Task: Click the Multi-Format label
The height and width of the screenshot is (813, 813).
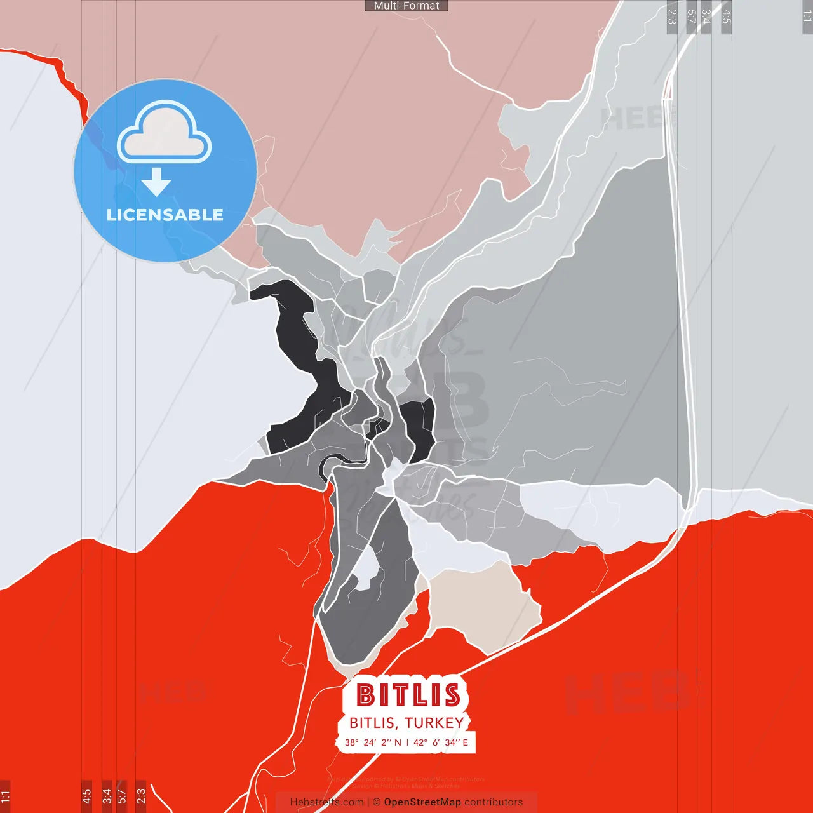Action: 406,6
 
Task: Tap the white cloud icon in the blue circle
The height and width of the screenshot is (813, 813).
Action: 165,133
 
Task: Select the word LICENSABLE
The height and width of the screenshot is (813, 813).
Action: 165,215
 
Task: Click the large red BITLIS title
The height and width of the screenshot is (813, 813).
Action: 408,695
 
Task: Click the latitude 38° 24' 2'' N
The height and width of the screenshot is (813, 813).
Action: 373,742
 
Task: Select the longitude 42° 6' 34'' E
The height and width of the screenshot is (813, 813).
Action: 441,742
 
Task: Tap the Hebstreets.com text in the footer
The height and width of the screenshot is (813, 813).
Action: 326,802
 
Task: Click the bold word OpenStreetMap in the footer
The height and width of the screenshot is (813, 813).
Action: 422,802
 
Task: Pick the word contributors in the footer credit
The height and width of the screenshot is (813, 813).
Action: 494,802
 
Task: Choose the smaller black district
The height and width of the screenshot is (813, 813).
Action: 418,422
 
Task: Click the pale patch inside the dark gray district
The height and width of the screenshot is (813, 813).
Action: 365,568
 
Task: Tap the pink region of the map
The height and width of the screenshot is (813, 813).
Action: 356,127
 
